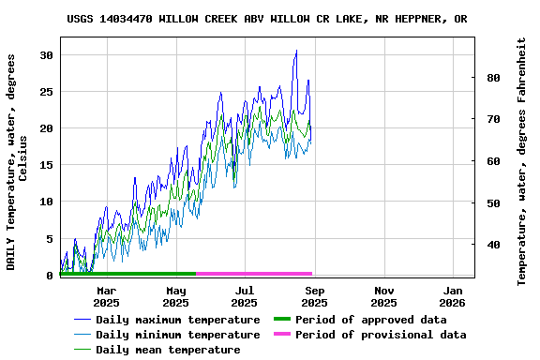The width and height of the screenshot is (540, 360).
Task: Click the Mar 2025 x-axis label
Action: (106, 296)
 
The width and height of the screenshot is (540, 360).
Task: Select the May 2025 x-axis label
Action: (175, 296)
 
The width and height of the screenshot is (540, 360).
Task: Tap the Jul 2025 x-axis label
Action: (244, 296)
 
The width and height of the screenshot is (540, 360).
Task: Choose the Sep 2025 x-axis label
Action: (314, 296)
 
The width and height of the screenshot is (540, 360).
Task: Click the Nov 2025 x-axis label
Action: (383, 296)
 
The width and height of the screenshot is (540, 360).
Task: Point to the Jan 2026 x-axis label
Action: (453, 296)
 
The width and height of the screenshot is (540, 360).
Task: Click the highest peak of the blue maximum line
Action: (296, 51)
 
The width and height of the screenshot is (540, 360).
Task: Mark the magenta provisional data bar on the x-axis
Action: (253, 274)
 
